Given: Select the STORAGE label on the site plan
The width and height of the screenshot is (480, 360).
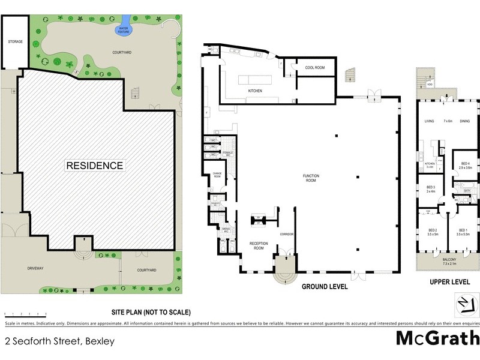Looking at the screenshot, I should [15, 42].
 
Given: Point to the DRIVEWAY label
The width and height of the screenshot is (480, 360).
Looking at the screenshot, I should [37, 269].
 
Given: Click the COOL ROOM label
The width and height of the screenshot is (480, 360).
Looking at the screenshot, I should [314, 68].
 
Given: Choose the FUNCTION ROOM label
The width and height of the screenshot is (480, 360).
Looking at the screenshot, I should [311, 178].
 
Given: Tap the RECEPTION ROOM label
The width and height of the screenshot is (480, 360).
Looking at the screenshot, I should [257, 245].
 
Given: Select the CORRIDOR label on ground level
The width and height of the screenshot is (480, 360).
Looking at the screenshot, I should [286, 233].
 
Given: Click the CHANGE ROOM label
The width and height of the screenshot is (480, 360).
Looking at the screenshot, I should [217, 176].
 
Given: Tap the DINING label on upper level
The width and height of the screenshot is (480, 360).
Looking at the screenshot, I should [464, 121].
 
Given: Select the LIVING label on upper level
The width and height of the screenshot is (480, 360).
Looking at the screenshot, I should [429, 121].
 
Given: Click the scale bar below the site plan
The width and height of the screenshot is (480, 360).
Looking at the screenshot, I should [25, 313].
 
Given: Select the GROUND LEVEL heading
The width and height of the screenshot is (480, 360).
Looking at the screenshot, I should [325, 287].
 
